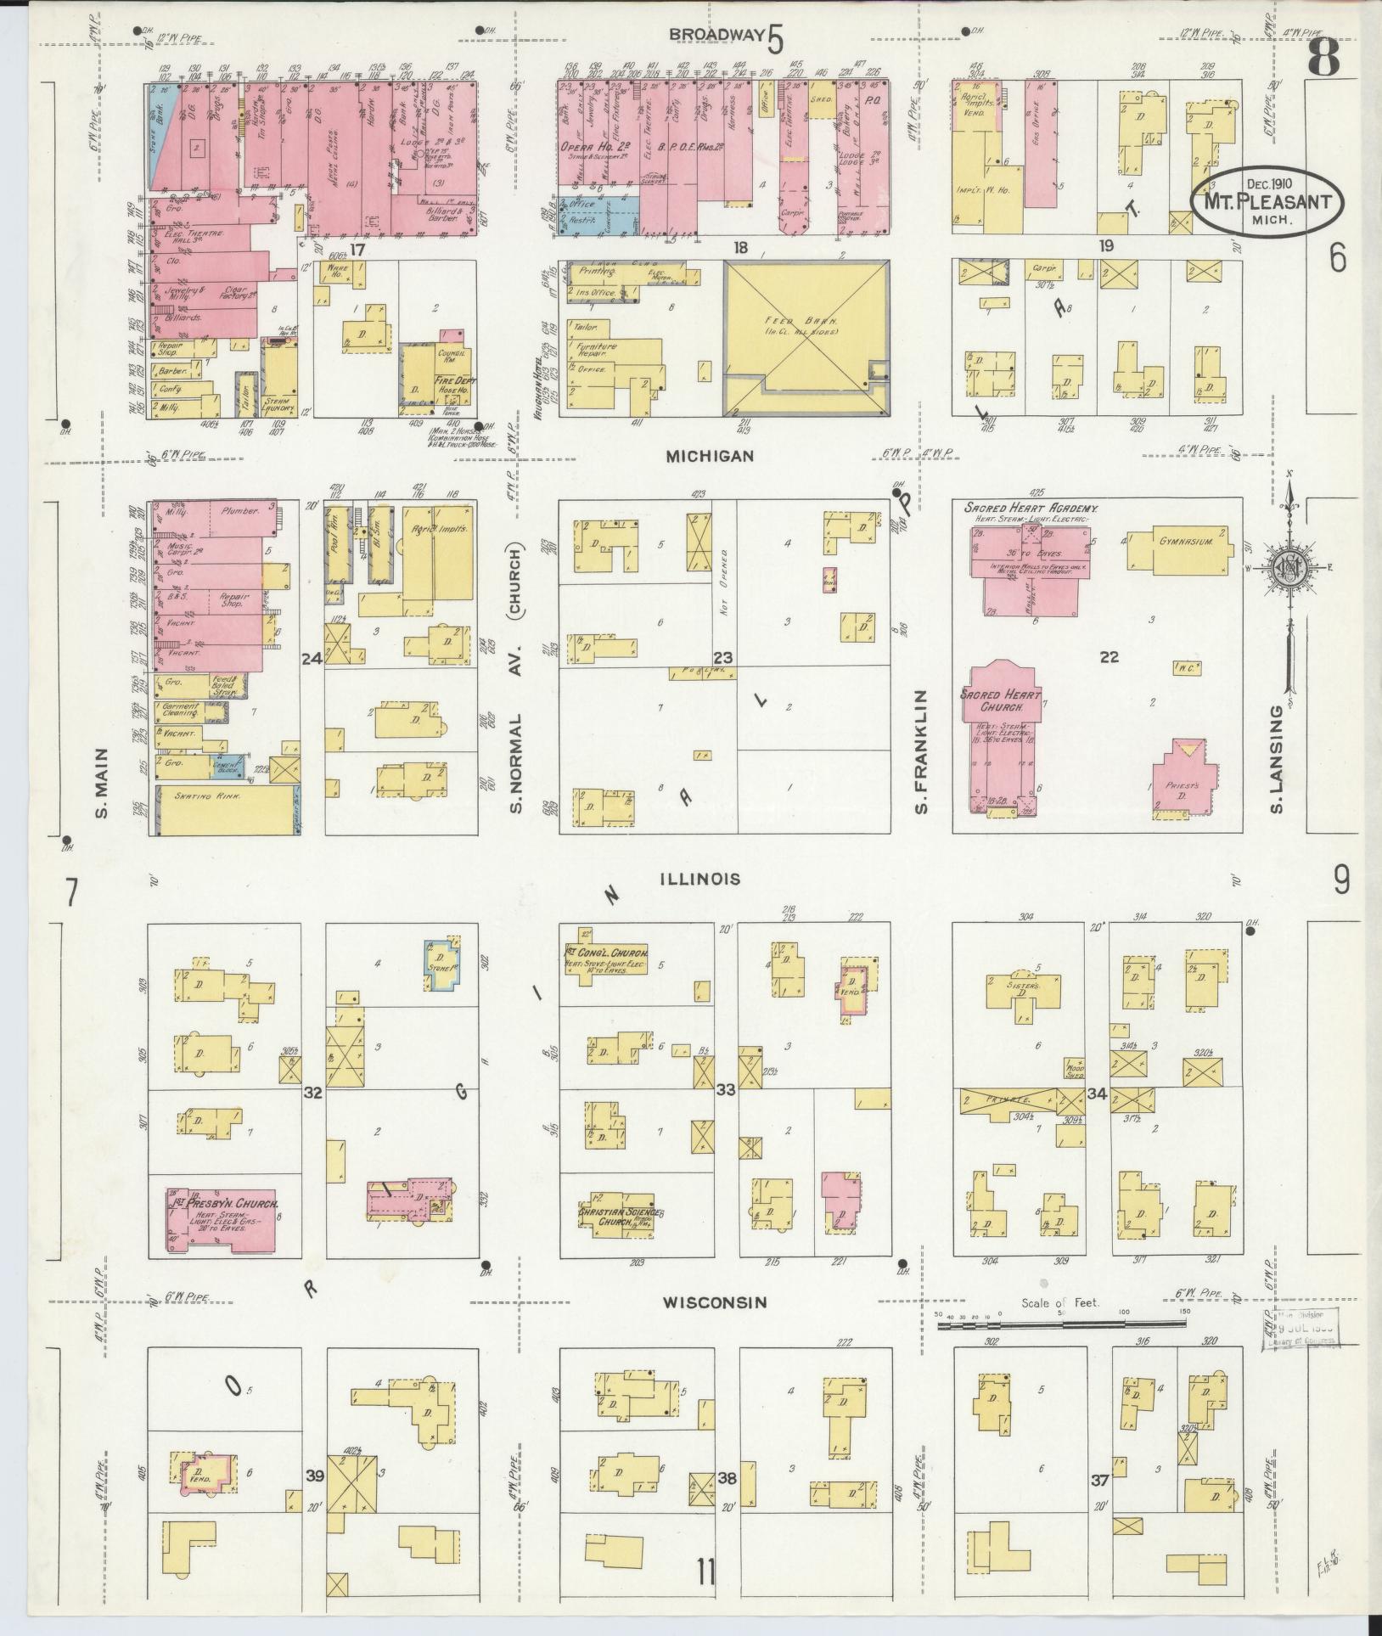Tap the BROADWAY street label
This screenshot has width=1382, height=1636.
click(717, 34)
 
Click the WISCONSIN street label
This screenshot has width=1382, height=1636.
click(716, 1325)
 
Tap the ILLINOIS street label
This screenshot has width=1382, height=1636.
click(701, 879)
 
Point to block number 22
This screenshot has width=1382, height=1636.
click(1109, 655)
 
